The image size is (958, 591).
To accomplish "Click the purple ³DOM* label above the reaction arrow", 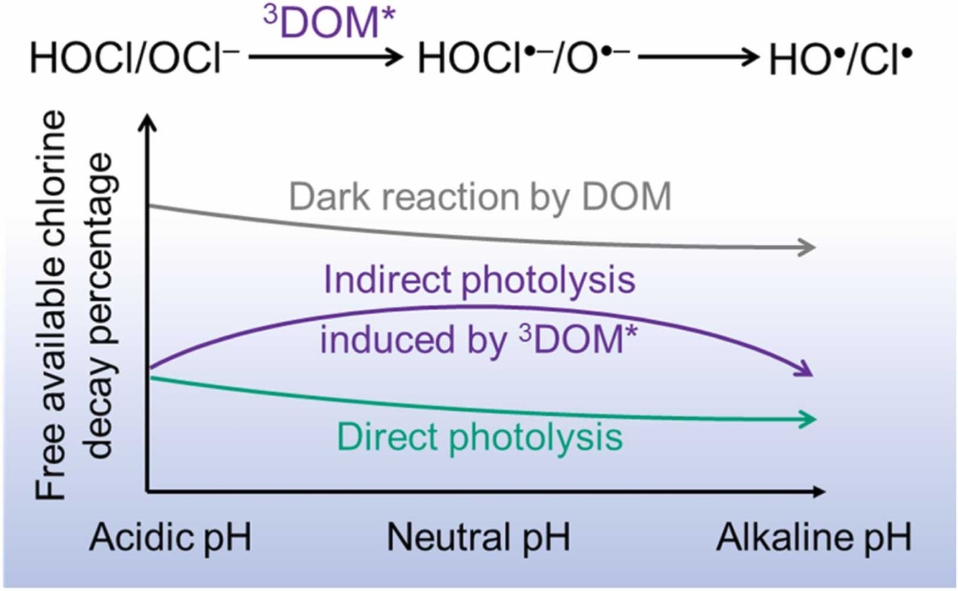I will pyautogui.click(x=329, y=23).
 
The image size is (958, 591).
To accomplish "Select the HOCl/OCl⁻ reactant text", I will pyautogui.click(x=134, y=58).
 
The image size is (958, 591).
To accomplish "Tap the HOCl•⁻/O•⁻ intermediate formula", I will pyautogui.click(x=523, y=58).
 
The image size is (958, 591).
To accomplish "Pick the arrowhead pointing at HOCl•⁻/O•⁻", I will pyautogui.click(x=395, y=57).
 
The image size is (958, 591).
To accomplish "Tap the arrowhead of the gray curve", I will pyautogui.click(x=807, y=247).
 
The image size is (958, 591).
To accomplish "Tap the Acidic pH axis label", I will pyautogui.click(x=170, y=538).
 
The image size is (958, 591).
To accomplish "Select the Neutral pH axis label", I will pyautogui.click(x=478, y=538).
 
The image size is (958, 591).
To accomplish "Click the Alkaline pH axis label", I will pyautogui.click(x=814, y=538).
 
